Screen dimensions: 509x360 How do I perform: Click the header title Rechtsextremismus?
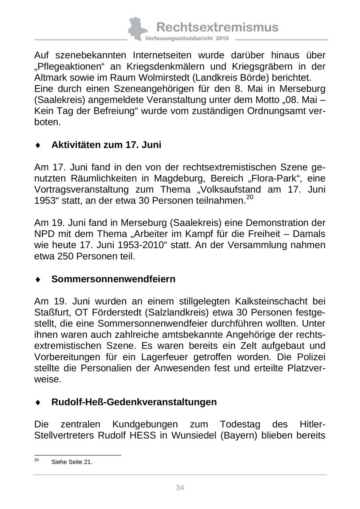click(x=217, y=27)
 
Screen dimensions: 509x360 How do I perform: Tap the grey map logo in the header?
click(x=137, y=28)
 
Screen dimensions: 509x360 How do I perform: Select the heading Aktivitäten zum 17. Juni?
click(x=106, y=145)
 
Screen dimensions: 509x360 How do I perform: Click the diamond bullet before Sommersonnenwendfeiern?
click(x=38, y=279)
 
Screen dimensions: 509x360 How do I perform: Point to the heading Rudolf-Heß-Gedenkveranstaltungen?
click(x=134, y=402)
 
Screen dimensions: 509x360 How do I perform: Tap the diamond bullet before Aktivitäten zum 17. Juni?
click(x=38, y=145)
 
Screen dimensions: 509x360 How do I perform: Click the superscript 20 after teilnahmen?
click(x=250, y=197)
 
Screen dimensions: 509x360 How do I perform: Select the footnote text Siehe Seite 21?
click(x=72, y=462)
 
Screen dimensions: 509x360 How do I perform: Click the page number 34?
click(x=180, y=487)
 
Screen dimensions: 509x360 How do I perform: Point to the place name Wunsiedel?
click(x=194, y=435)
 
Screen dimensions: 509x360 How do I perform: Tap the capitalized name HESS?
click(x=143, y=435)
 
